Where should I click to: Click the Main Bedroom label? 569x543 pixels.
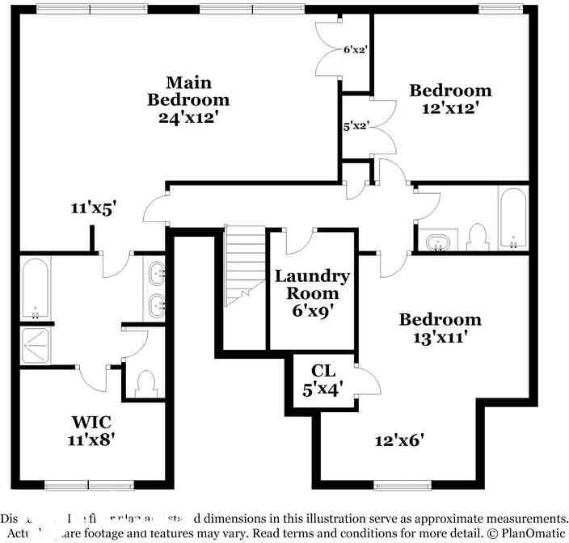(x=188, y=91)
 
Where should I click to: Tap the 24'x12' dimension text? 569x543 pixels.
(x=188, y=117)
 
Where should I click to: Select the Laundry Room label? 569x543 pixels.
(x=312, y=284)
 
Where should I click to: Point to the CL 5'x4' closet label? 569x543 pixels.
(x=323, y=380)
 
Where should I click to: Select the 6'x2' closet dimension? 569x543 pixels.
(x=356, y=49)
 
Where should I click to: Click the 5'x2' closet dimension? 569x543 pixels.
(x=356, y=126)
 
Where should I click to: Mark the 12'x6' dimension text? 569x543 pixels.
(x=399, y=440)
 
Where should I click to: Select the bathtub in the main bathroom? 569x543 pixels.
(x=35, y=288)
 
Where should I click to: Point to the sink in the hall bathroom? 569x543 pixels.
(x=438, y=242)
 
